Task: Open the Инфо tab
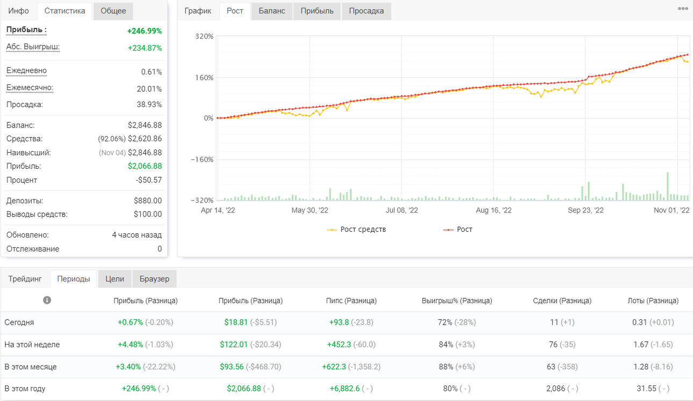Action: click(19, 11)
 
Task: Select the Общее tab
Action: click(113, 11)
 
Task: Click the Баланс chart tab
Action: click(272, 11)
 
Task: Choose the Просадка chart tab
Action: click(366, 11)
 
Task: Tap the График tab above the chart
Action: click(198, 11)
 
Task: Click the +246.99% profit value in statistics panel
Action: click(145, 31)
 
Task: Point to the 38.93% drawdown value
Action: click(149, 104)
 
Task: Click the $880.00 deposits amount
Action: click(148, 200)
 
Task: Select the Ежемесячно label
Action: click(30, 88)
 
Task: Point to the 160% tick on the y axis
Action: click(204, 77)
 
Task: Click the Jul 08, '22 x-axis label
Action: click(402, 210)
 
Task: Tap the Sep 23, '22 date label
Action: click(586, 210)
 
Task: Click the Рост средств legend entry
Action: click(356, 230)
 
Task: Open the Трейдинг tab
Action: click(25, 278)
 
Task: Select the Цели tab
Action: click(114, 278)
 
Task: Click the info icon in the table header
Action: click(47, 300)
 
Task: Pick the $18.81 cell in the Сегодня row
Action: click(236, 323)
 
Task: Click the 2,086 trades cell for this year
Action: click(555, 389)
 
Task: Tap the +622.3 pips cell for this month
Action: click(334, 367)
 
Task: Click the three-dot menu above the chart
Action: click(683, 9)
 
